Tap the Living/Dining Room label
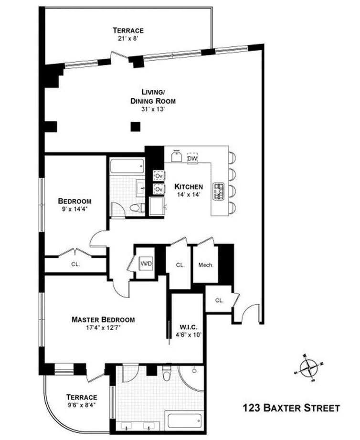[152, 97]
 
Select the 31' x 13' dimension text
[152, 109]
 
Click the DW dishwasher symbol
[192, 158]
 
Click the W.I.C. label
[187, 327]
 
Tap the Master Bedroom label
[103, 320]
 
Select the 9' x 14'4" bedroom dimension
[74, 209]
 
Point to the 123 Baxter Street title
[291, 408]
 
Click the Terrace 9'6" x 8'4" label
[82, 401]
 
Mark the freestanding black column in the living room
[136, 126]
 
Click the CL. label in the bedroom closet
[75, 263]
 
